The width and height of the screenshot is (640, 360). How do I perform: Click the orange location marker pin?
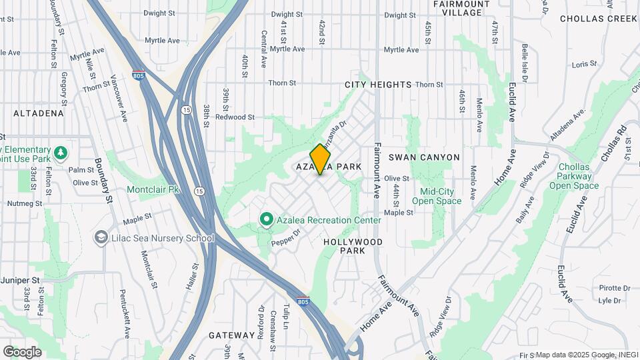pos(321,159)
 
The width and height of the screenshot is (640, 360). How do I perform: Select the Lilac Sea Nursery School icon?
pos(101,238)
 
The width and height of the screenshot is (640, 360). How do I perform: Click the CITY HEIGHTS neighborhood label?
pos(378,85)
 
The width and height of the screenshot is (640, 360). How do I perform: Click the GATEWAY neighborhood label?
pos(231,335)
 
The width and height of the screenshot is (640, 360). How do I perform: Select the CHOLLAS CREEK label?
pos(599,19)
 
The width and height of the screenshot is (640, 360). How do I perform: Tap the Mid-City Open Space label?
pos(437,196)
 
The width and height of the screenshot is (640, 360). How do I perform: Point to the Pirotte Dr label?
pos(614,288)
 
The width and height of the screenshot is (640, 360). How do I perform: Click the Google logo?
pos(22,352)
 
